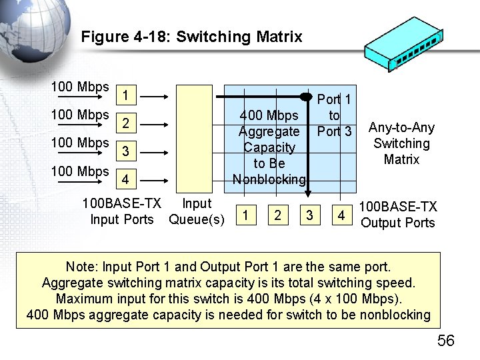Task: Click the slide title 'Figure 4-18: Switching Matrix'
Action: pos(191,37)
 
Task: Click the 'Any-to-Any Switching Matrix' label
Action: pos(401,143)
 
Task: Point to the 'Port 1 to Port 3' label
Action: pos(334,115)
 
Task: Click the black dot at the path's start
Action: pos(306,97)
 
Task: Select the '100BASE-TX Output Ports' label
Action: pos(398,215)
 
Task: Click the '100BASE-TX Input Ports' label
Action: pos(122,211)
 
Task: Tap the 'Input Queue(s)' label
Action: pos(197,211)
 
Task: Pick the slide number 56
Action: pos(445,341)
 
